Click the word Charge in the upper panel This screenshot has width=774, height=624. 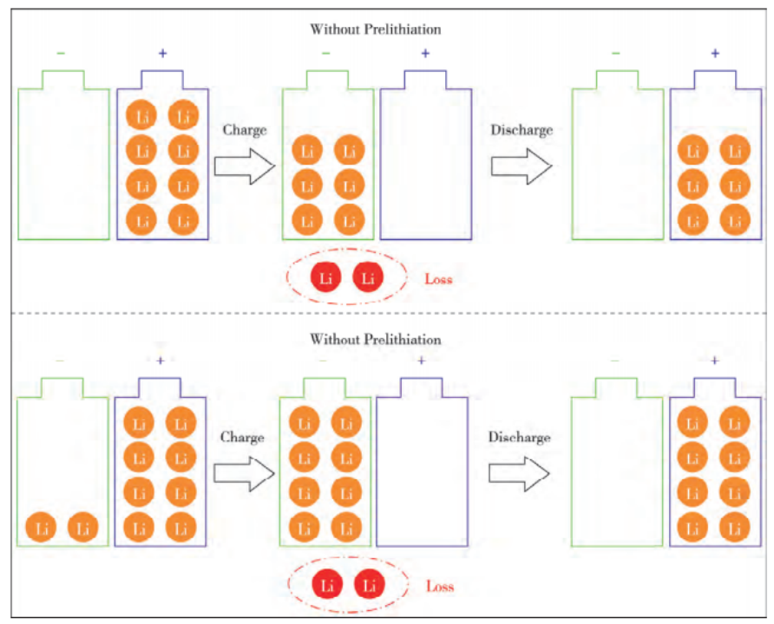[245, 131]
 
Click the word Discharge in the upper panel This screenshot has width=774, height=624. [521, 131]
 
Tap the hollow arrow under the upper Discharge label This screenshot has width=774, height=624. [521, 165]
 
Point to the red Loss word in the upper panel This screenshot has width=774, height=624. [438, 280]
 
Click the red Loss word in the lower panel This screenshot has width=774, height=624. [440, 587]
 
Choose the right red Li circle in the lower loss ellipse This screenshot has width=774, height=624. [370, 585]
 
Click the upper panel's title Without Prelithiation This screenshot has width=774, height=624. [376, 29]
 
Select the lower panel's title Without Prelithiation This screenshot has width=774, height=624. [376, 339]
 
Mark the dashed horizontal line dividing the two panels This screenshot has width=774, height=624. [387, 313]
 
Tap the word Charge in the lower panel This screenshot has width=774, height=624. [242, 438]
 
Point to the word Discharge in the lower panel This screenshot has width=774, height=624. [519, 438]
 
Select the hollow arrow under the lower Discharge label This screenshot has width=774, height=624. [519, 472]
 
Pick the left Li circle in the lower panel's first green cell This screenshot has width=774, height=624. [42, 527]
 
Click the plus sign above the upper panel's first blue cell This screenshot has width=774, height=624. [162, 53]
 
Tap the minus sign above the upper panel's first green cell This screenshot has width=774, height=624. [61, 53]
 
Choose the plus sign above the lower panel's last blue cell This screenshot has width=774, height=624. [714, 361]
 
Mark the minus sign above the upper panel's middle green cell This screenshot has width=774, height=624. [325, 53]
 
